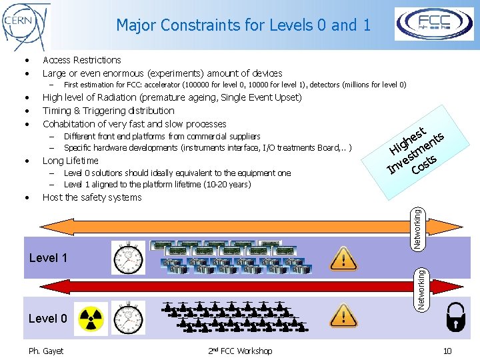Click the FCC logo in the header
435,24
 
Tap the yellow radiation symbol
92,318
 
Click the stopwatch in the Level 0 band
125,319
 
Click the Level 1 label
49,257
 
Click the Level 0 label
47,319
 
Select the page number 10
447,351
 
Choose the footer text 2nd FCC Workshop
239,351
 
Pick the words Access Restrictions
81,60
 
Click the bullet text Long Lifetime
70,161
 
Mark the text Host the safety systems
92,197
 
